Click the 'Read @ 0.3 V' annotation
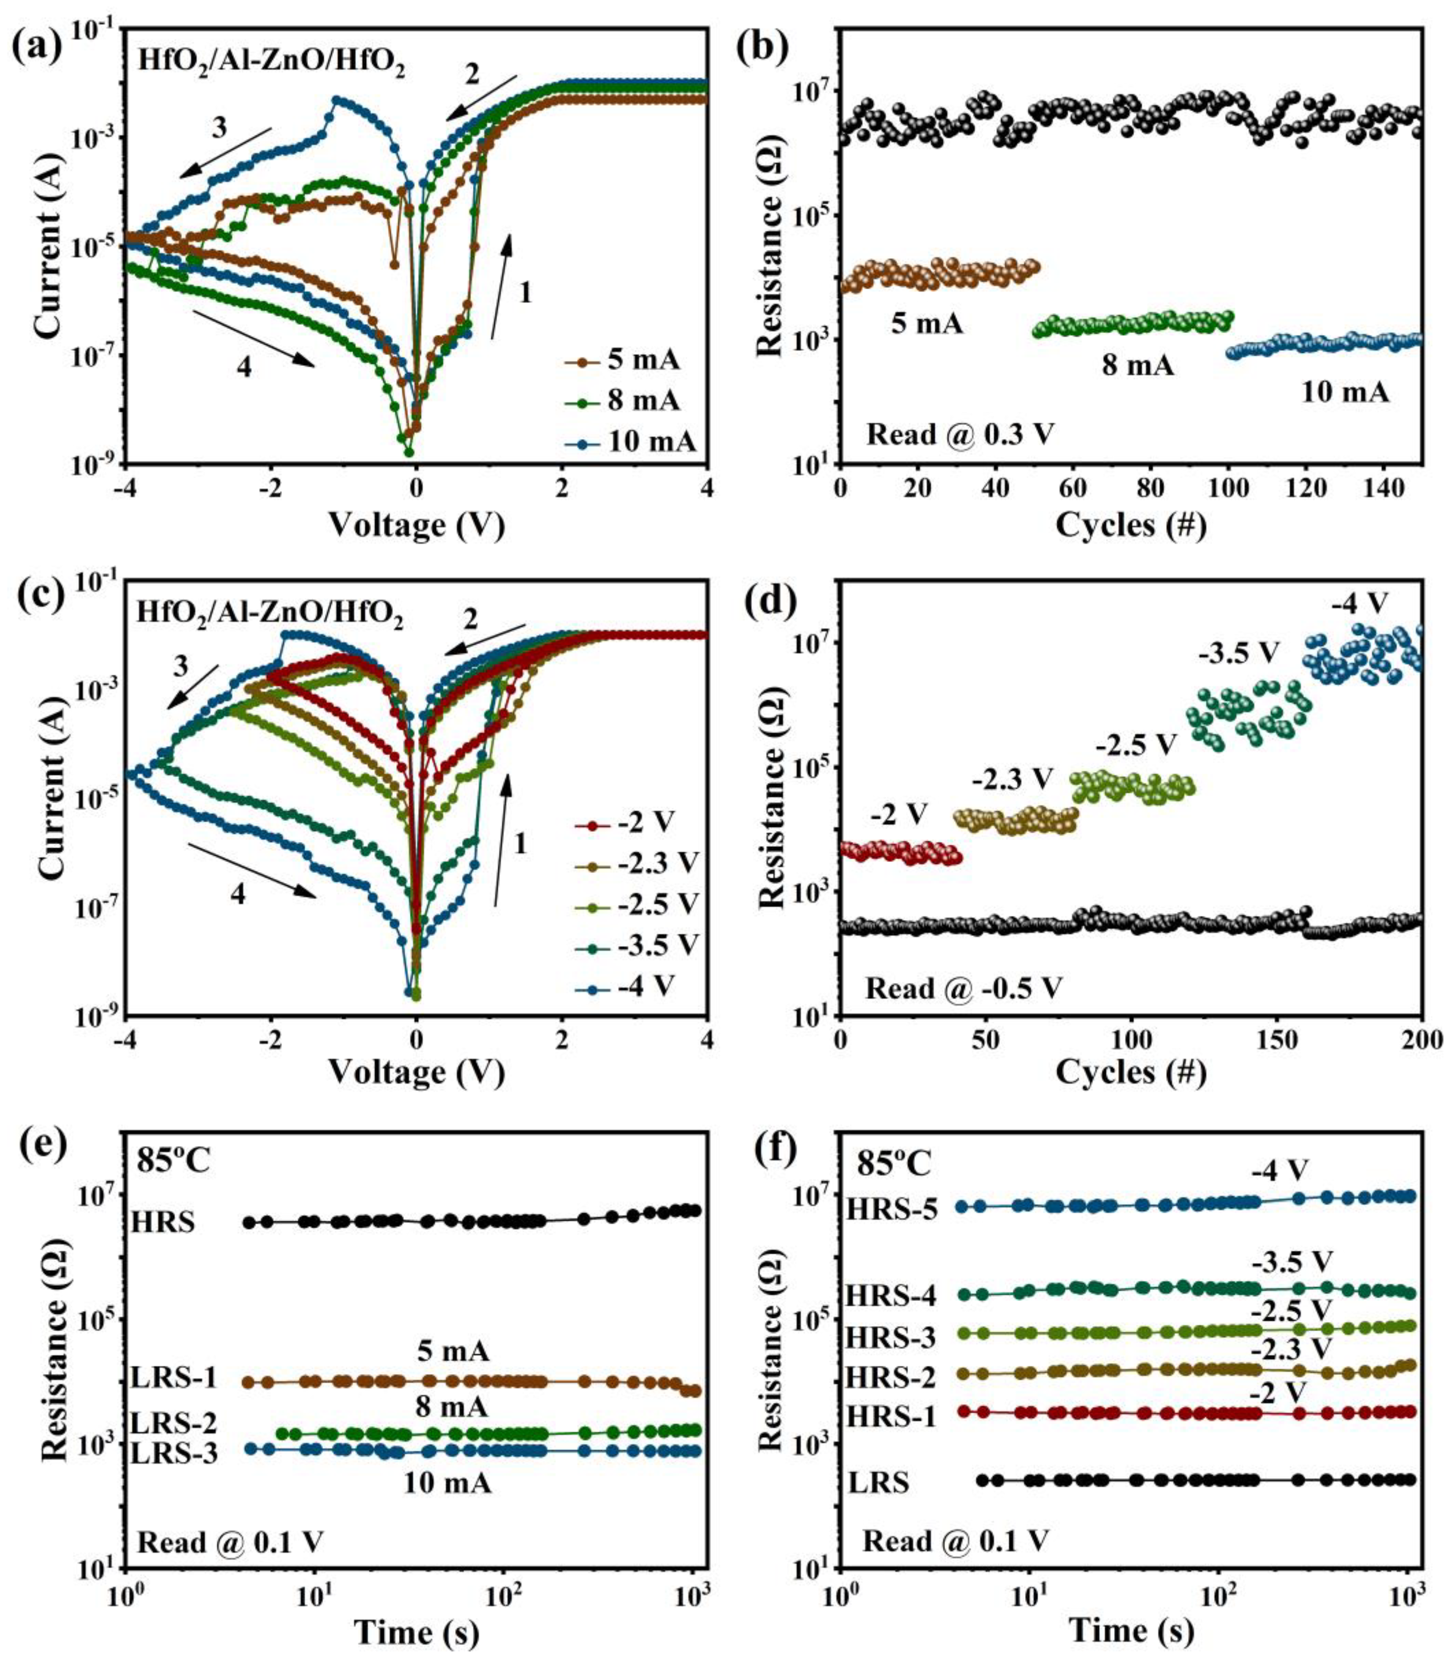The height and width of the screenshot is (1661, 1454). pos(960,435)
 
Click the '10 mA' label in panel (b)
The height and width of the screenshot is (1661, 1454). pos(1344,393)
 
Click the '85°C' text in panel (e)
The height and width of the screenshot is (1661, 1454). pos(173,1161)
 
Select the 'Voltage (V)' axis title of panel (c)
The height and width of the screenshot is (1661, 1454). pos(416,1073)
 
